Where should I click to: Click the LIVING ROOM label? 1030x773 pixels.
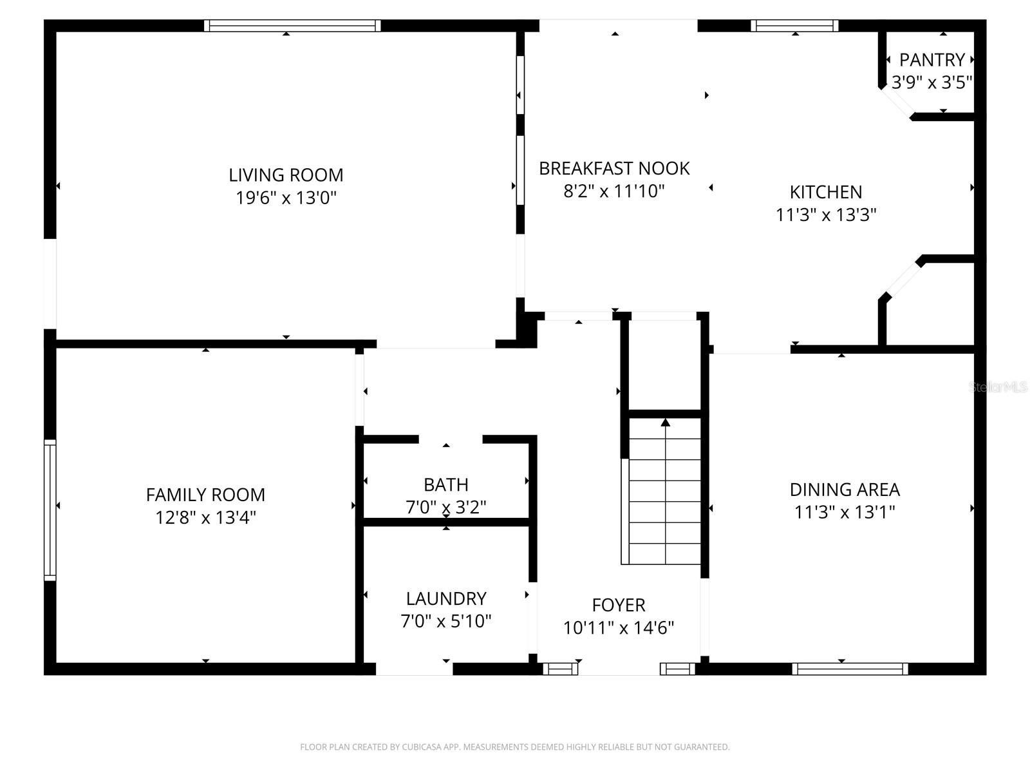(286, 175)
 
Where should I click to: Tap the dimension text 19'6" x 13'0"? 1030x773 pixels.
(286, 198)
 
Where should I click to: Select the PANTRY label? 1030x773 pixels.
(932, 60)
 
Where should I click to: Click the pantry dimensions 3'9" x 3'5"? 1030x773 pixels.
(932, 82)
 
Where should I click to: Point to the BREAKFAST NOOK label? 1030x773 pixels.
(614, 169)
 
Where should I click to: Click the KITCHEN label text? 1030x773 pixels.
(826, 192)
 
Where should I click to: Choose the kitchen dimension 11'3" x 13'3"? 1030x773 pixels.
(826, 215)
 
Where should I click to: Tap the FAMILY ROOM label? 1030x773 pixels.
(205, 495)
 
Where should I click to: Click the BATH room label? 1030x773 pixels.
(445, 484)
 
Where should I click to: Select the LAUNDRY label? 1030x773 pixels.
(445, 599)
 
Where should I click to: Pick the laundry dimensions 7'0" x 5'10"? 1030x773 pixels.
(445, 622)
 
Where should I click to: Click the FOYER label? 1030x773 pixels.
(619, 606)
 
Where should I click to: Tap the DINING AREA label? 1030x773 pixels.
(845, 490)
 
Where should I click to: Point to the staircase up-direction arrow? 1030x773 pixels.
(665, 423)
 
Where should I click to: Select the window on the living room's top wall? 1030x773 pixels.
(292, 26)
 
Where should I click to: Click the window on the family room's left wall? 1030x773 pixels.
(50, 510)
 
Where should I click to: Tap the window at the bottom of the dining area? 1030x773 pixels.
(850, 669)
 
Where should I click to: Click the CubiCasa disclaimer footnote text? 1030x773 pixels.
(514, 747)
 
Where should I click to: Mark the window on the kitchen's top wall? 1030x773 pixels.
(794, 26)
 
